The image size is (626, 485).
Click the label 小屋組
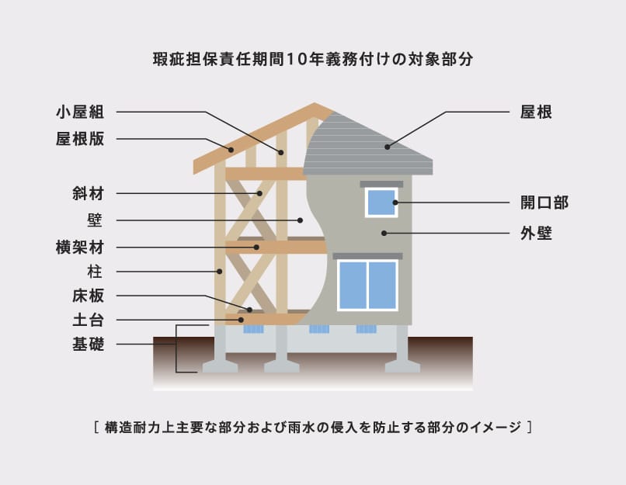point(80,112)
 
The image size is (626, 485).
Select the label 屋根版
point(80,139)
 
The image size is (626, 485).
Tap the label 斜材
point(89,193)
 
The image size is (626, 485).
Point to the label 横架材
point(80,248)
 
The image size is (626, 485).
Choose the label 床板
point(89,296)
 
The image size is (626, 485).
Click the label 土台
point(89,320)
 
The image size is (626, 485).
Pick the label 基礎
point(89,345)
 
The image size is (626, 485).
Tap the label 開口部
point(544,203)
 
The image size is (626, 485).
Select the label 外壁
point(536,234)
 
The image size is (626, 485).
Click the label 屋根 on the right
point(536,112)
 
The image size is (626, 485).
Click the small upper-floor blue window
point(381,203)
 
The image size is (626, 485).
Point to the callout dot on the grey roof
point(388,147)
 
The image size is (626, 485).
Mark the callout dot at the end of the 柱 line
point(220,272)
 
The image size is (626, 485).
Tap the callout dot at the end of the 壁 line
point(301,220)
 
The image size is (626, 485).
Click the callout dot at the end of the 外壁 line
point(384,233)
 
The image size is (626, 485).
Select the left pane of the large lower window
point(353,285)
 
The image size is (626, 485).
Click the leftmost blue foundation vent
point(253,329)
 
